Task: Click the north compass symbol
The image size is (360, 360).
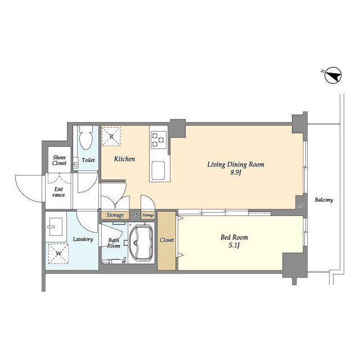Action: [333, 75]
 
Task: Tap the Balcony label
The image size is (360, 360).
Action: [324, 200]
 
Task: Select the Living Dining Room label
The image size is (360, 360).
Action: [236, 164]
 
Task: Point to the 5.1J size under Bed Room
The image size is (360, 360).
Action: [234, 246]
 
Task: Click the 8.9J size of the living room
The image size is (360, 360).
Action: [236, 173]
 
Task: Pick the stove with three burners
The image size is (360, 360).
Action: [159, 140]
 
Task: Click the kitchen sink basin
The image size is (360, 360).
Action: [158, 170]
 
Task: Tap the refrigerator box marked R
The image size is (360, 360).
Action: [111, 136]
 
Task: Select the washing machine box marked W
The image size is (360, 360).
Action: [58, 254]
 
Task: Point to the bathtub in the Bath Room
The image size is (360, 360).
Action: [141, 243]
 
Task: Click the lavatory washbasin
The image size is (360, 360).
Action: [56, 227]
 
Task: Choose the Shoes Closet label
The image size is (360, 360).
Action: [59, 160]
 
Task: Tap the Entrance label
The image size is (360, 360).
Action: [58, 192]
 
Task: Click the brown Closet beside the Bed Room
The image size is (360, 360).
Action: [166, 240]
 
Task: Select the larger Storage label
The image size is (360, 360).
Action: [115, 215]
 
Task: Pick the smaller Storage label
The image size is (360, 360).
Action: [148, 215]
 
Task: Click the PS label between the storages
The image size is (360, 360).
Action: [135, 215]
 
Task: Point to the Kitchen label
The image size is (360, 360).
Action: [124, 159]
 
